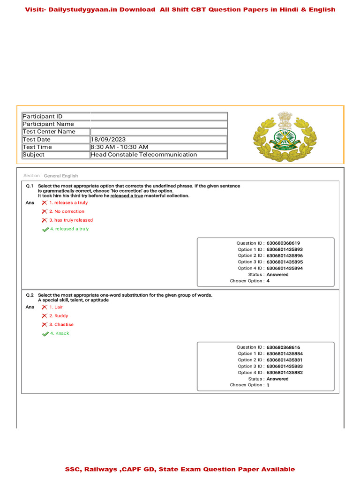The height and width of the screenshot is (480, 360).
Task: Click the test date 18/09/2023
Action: [108, 139]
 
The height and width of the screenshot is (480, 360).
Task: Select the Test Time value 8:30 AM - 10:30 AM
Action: [120, 147]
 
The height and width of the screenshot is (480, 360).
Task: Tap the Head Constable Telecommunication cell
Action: [144, 154]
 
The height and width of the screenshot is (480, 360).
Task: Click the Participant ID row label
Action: [43, 116]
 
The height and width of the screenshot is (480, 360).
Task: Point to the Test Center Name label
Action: [49, 132]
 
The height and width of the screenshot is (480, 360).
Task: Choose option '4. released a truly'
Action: [69, 229]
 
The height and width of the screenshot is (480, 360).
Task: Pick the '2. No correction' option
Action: [67, 211]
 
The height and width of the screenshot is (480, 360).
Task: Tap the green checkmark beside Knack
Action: [45, 333]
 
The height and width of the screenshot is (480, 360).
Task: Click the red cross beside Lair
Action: [44, 307]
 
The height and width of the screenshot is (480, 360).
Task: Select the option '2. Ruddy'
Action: [59, 316]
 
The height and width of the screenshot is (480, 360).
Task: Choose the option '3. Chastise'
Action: [61, 324]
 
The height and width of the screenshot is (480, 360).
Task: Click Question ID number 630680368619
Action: [283, 243]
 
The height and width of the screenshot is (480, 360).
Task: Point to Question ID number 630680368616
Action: [283, 347]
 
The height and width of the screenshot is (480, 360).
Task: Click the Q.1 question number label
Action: [30, 186]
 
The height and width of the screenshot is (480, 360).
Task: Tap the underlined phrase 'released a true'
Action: [127, 196]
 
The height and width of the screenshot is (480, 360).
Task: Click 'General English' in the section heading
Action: [61, 176]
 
